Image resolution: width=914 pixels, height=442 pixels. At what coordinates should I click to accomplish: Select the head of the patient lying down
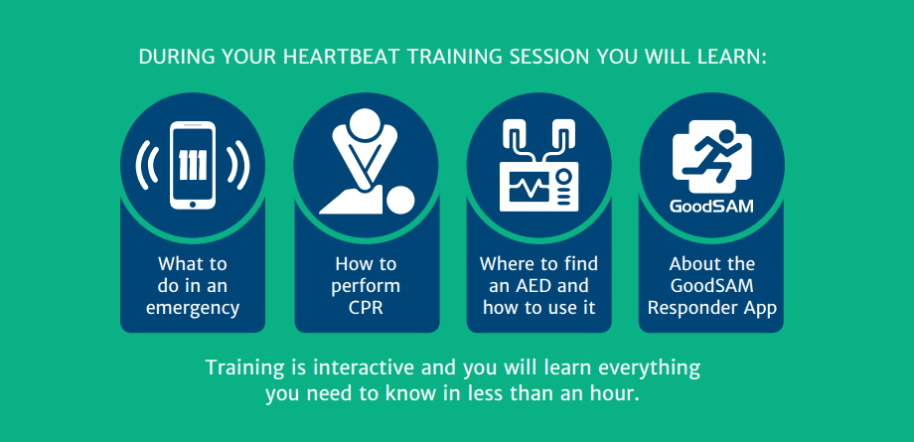(x=401, y=201)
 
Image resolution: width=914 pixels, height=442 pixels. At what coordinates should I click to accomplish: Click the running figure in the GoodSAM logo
(x=712, y=155)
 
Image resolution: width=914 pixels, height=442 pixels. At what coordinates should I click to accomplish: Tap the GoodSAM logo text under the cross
(x=711, y=207)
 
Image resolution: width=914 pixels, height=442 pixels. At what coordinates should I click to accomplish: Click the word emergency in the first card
(x=193, y=308)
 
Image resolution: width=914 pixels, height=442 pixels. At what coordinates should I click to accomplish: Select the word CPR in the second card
(x=366, y=308)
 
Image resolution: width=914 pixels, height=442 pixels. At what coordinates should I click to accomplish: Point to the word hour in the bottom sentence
(x=619, y=393)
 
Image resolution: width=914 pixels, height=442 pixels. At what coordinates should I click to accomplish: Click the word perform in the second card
(x=367, y=287)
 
